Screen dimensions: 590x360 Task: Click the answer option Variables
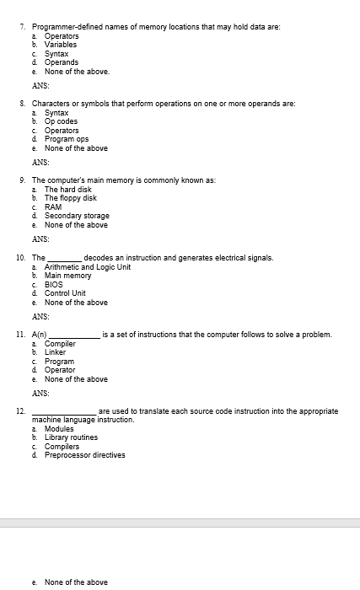pos(61,45)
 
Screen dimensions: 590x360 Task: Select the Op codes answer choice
pos(61,121)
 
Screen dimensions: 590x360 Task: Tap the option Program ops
pos(66,139)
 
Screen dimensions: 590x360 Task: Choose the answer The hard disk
pos(67,190)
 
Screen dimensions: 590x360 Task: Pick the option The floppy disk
pos(70,198)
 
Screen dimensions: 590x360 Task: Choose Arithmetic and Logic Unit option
pos(87,266)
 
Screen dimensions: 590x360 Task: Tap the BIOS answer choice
pos(55,284)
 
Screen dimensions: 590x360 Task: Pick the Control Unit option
pos(65,293)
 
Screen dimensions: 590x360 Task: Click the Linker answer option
pos(55,352)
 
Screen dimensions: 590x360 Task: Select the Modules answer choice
pos(58,429)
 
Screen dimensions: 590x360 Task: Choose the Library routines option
pos(71,437)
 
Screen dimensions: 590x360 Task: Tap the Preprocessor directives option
pos(84,455)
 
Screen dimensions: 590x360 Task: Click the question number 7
pos(21,27)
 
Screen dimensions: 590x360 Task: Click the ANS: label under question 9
pos(40,239)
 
